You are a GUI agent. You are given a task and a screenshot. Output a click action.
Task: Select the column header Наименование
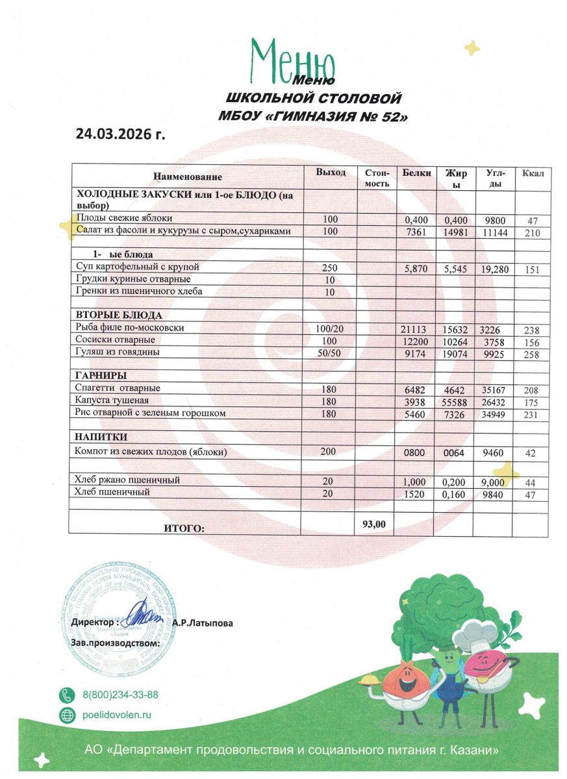coord(188,177)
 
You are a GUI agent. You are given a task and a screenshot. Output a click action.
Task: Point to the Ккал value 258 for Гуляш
coord(531,354)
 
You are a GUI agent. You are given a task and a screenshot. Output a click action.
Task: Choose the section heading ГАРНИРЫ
coord(100,376)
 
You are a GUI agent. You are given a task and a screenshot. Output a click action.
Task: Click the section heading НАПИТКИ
coord(100,437)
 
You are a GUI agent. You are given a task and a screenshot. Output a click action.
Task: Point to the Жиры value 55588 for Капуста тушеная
coord(455,402)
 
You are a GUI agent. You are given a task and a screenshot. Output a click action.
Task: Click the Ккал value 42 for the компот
coord(530,453)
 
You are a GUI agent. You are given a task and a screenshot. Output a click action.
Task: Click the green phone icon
coord(67,695)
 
